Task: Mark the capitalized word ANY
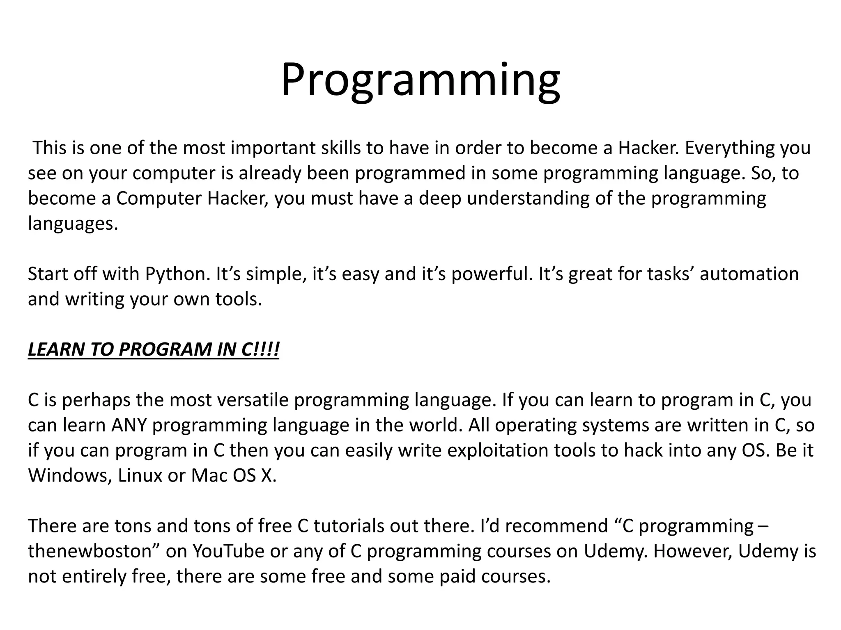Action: pyautogui.click(x=129, y=425)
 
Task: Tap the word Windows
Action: pyautogui.click(x=70, y=476)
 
